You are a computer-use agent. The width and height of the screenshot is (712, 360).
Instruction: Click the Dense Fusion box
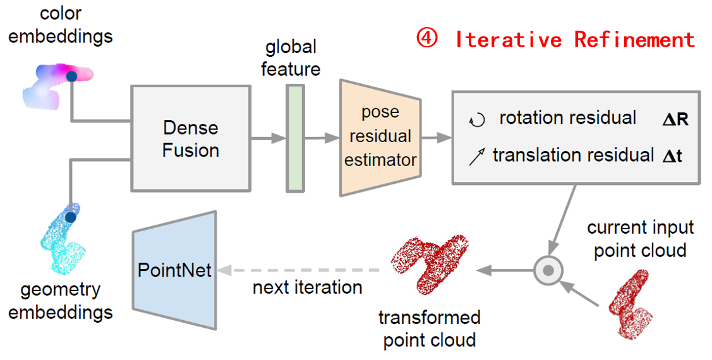(x=191, y=138)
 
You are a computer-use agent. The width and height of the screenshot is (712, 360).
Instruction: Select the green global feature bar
(x=295, y=138)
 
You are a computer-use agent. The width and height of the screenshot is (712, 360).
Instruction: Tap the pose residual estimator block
(x=380, y=137)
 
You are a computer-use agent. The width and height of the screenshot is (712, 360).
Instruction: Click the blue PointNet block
(x=174, y=270)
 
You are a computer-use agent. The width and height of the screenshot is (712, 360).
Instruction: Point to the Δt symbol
(x=672, y=155)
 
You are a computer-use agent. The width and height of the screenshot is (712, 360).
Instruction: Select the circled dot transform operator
(x=548, y=270)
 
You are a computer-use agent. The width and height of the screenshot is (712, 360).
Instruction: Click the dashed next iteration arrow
(x=297, y=270)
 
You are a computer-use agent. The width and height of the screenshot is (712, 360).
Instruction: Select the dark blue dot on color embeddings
(x=71, y=76)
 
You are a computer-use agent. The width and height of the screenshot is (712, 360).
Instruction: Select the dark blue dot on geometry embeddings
(x=71, y=217)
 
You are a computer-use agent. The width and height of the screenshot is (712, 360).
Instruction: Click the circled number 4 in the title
(x=425, y=39)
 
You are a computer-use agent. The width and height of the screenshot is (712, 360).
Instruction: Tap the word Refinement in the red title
(x=634, y=39)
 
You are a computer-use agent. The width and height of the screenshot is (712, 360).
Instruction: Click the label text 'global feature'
(x=291, y=57)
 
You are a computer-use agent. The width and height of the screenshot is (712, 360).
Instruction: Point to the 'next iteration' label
(x=307, y=287)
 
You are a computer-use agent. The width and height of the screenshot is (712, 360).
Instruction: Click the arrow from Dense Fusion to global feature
(x=269, y=138)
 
